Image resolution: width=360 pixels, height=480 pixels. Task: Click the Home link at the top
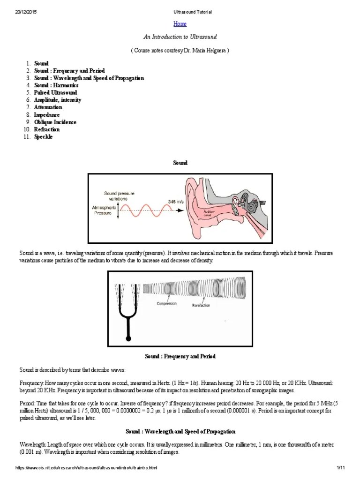pyautogui.click(x=180, y=24)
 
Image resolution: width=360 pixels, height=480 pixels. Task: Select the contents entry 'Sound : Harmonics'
pyautogui.click(x=56, y=85)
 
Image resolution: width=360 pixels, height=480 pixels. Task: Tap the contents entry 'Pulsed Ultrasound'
pyautogui.click(x=55, y=93)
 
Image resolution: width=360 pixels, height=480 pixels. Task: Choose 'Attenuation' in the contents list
pyautogui.click(x=48, y=107)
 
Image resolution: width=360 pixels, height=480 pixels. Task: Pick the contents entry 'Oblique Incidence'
pyautogui.click(x=55, y=122)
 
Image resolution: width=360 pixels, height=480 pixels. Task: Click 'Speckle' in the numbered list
pyautogui.click(x=44, y=137)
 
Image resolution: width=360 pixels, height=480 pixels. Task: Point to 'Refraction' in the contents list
pyautogui.click(x=47, y=129)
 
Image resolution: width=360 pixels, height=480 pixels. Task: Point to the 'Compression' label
pyautogui.click(x=167, y=303)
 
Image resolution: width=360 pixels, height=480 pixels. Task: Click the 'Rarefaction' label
pyautogui.click(x=201, y=306)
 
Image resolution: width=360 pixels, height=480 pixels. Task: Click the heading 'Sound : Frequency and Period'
pyautogui.click(x=180, y=357)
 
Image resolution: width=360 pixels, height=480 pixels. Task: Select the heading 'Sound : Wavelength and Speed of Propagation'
pyautogui.click(x=180, y=431)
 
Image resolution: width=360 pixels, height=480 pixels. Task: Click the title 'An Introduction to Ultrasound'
pyautogui.click(x=180, y=37)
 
